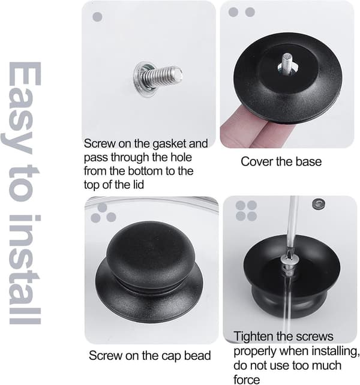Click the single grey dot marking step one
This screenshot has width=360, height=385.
(97, 17)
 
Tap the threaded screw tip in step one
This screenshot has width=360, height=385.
(178, 73)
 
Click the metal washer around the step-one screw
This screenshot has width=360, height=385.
(142, 80)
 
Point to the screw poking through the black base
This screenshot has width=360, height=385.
(287, 62)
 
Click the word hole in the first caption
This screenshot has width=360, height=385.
(182, 157)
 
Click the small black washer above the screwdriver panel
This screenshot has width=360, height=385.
(318, 203)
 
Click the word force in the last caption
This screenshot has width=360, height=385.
(247, 380)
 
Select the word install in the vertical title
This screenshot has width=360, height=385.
(25, 269)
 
